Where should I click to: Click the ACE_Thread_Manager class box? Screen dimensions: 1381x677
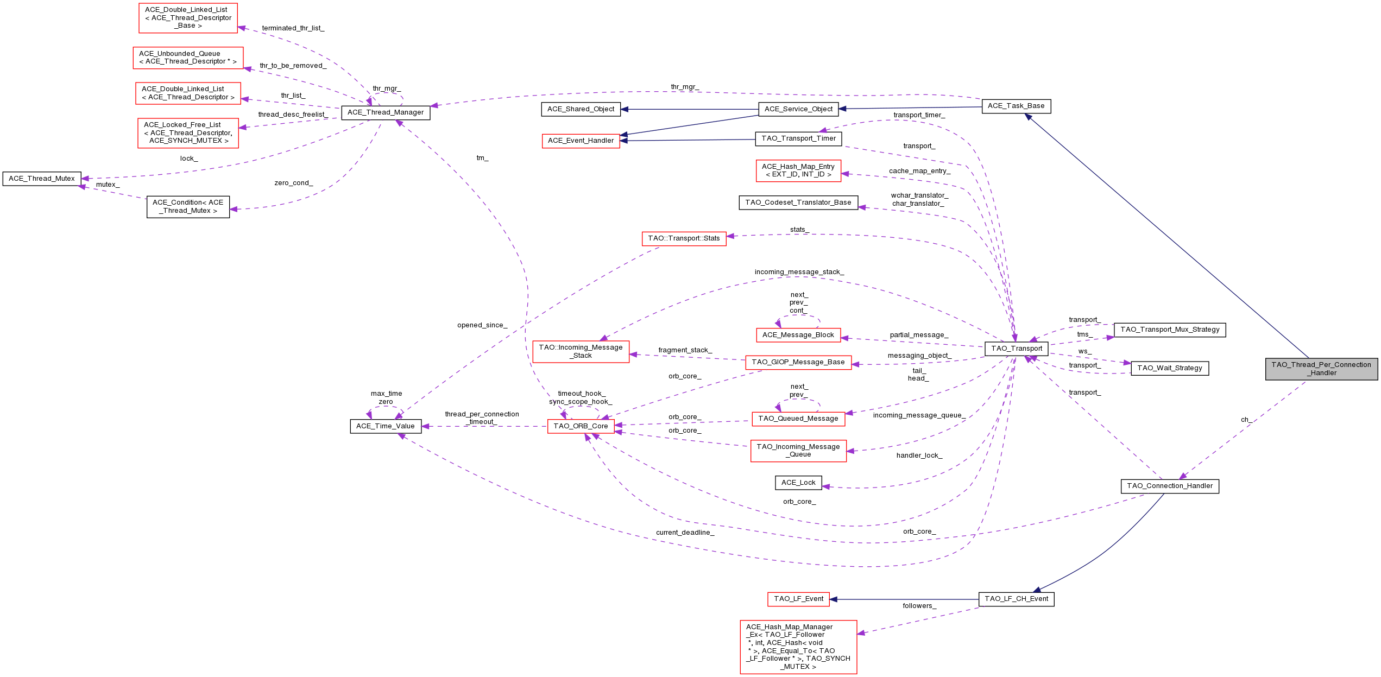(x=386, y=112)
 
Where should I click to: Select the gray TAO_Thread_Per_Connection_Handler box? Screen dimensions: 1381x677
(x=1321, y=369)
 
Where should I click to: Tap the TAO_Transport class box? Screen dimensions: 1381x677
(x=1017, y=349)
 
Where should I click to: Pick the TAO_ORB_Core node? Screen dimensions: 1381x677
(x=581, y=426)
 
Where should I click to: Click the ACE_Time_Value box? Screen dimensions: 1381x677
(x=386, y=426)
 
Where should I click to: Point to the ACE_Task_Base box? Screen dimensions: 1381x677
(x=1016, y=106)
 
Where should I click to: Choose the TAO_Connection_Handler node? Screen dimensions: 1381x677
(x=1170, y=486)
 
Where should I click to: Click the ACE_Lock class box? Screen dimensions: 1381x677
(x=798, y=483)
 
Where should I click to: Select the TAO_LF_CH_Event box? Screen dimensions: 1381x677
(x=1016, y=599)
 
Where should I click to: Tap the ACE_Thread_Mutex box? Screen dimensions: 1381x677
(x=42, y=179)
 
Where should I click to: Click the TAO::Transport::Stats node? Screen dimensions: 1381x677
(x=684, y=238)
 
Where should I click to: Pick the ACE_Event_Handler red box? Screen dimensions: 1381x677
(x=581, y=141)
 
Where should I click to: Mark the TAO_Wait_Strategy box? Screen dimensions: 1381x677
(x=1170, y=368)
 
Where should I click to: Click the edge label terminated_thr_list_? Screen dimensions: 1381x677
(x=293, y=28)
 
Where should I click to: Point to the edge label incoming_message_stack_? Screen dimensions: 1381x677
(x=799, y=272)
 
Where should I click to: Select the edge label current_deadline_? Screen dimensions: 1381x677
(x=685, y=533)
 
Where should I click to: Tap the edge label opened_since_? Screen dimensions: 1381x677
(x=482, y=325)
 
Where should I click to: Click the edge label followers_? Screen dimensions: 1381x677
(x=919, y=606)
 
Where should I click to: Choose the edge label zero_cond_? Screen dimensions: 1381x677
(x=294, y=183)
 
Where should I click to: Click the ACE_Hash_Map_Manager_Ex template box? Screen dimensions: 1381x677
(x=798, y=647)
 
